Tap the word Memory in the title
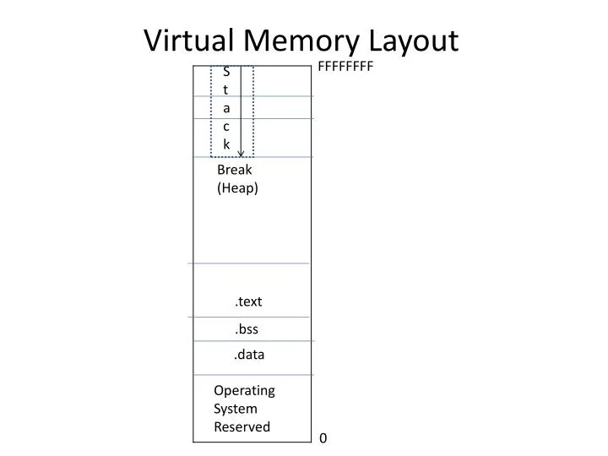click(303, 41)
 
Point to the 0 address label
click(323, 438)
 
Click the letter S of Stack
click(226, 72)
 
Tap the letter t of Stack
click(226, 90)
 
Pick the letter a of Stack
click(226, 108)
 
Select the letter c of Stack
click(226, 127)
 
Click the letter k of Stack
click(226, 144)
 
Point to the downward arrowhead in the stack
click(242, 153)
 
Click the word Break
click(234, 170)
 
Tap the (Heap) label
click(237, 188)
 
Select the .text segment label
click(248, 301)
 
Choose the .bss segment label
click(247, 329)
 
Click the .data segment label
click(249, 355)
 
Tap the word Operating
click(244, 390)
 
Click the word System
click(236, 409)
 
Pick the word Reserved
click(242, 427)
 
